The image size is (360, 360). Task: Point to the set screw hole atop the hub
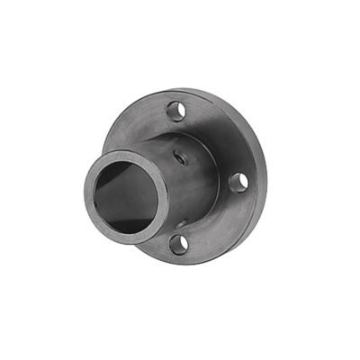click(x=182, y=155)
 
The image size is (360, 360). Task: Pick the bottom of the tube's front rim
click(x=126, y=241)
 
